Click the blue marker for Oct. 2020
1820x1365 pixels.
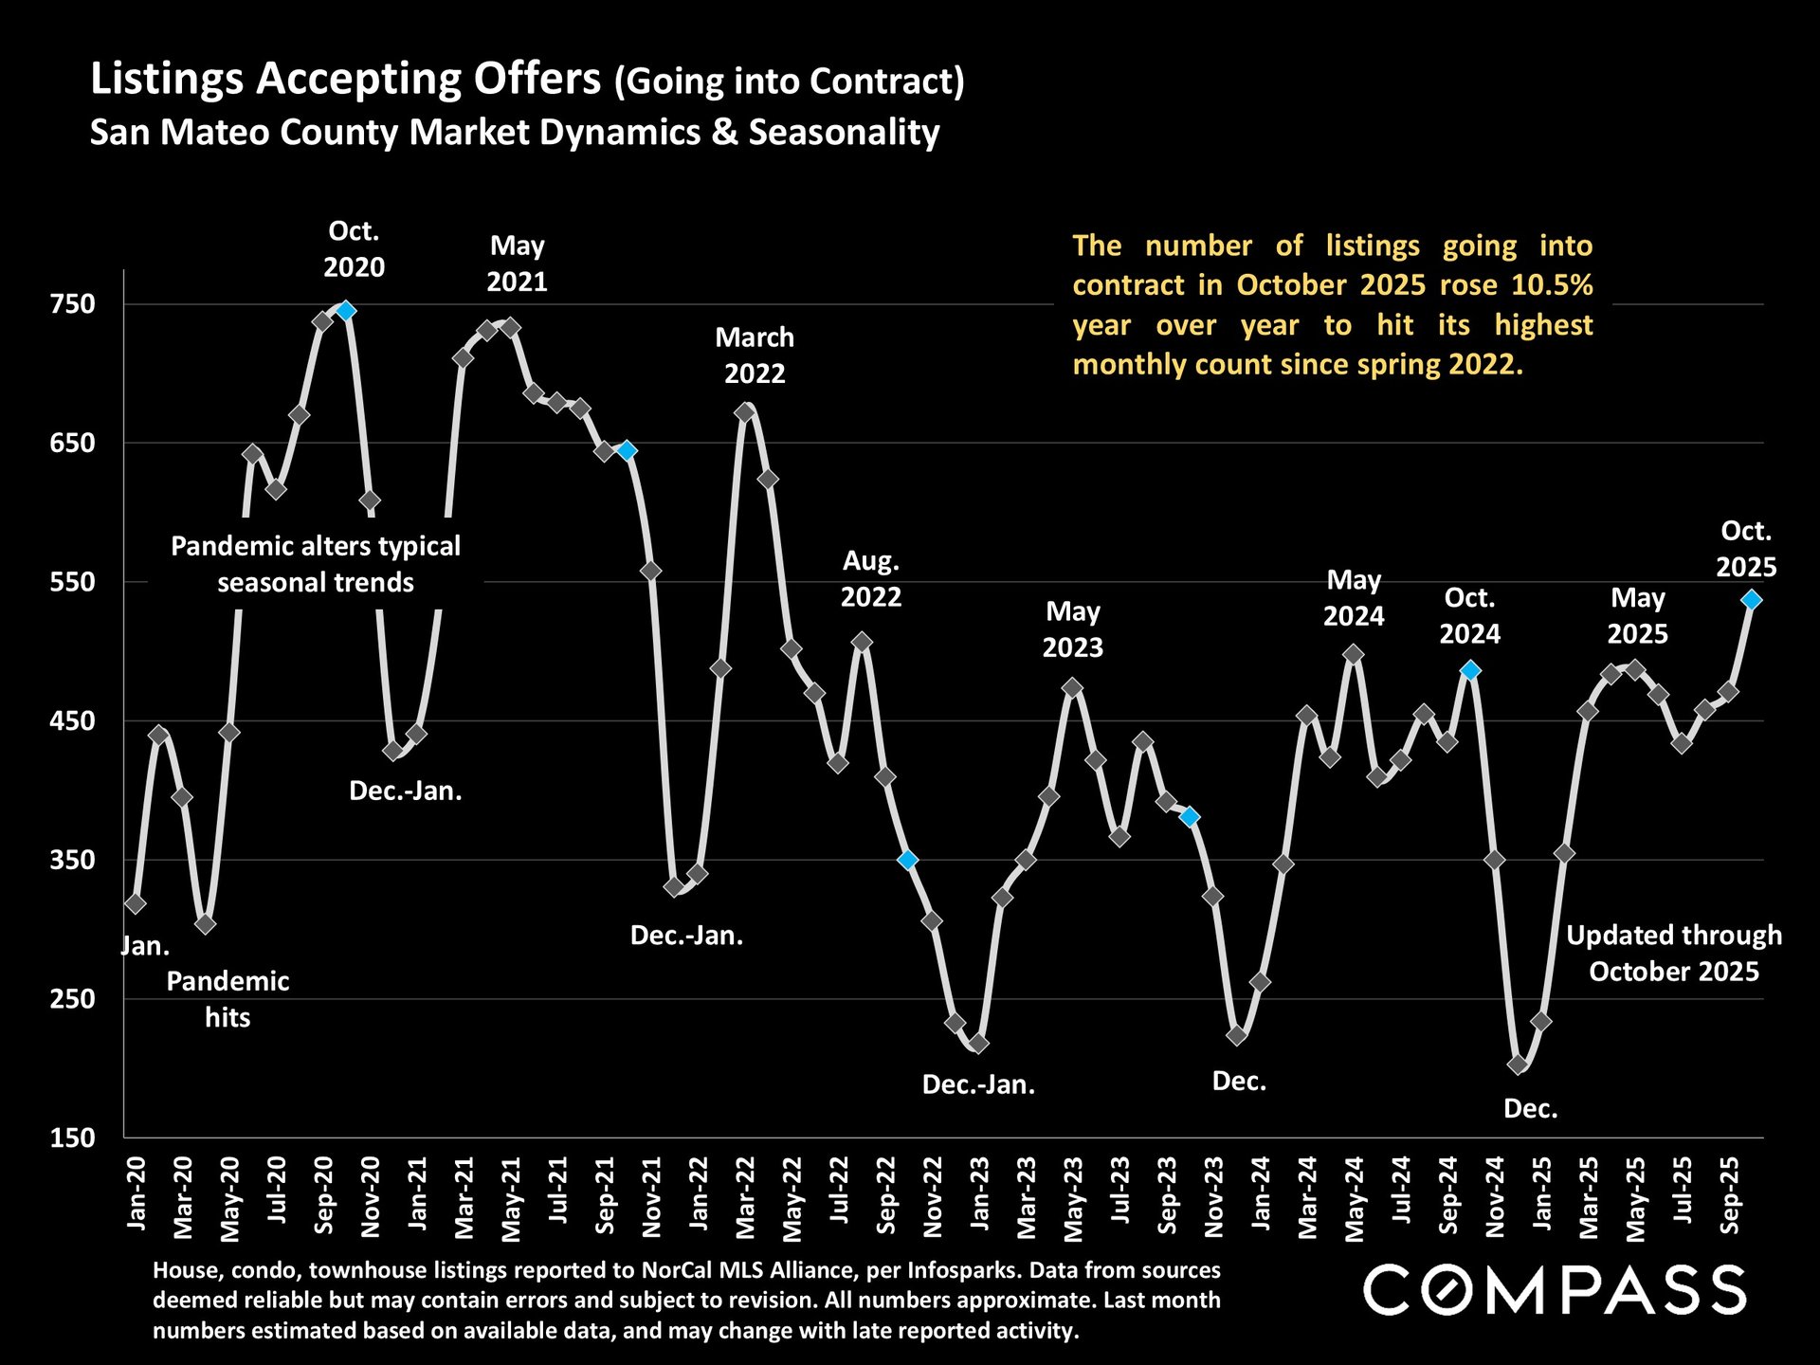pos(346,310)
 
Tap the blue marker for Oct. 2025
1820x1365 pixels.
pos(1751,599)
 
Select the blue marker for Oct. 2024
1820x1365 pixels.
pos(1470,670)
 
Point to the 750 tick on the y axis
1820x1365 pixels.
pos(73,304)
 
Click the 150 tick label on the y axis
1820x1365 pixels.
pos(73,1137)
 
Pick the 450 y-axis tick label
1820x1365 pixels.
pos(73,720)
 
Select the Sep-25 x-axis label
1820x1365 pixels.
pos(1729,1194)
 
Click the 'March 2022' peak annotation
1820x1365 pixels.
pos(755,355)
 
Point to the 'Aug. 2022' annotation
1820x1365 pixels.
pos(871,579)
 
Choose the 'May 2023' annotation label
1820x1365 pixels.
pos(1072,629)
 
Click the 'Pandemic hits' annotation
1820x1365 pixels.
pos(227,999)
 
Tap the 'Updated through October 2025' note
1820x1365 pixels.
pos(1673,954)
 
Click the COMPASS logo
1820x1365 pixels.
pos(1554,1290)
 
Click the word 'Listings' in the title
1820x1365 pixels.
pos(167,79)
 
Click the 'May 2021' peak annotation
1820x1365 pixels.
pos(517,264)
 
